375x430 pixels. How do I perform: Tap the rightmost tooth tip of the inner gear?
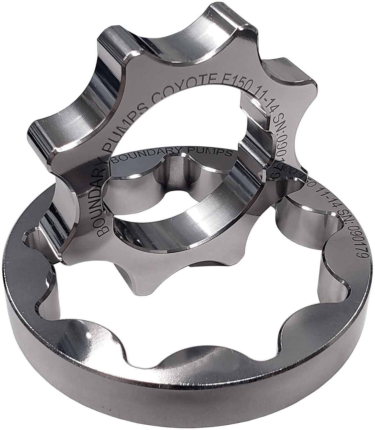point(308,81)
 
